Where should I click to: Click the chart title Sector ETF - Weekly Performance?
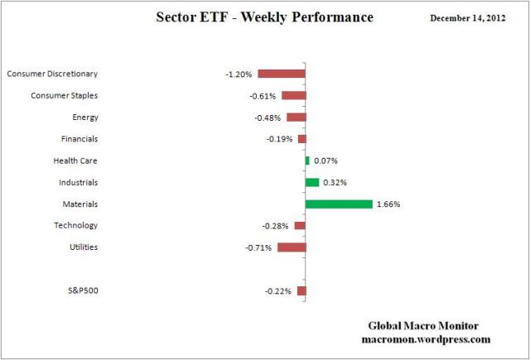coord(264,17)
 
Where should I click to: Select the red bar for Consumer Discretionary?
coord(282,74)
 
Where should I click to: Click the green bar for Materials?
coord(339,204)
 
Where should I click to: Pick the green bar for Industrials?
coord(312,182)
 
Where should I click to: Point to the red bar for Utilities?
coord(291,247)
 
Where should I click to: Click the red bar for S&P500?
coord(301,290)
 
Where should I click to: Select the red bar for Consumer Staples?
coord(293,95)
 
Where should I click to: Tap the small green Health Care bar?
coord(307,161)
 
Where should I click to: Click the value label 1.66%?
coord(388,204)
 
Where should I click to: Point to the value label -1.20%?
coord(238,74)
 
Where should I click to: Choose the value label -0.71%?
coord(258,247)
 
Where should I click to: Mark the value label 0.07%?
coord(325,161)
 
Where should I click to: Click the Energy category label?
coord(85,117)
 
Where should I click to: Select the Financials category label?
coord(79,138)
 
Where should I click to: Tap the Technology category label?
coord(78,225)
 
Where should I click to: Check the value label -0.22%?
coord(278,290)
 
